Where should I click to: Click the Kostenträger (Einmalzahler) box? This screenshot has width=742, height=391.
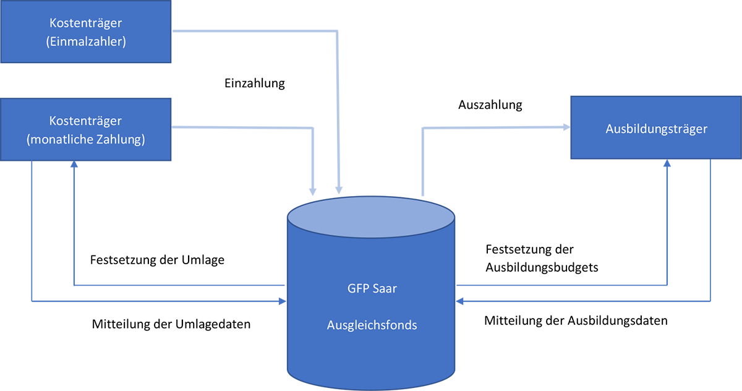point(85,32)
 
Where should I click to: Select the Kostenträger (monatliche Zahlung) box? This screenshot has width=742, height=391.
point(85,130)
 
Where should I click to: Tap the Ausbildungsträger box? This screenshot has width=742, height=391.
point(656,129)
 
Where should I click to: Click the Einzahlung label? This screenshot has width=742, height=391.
point(254,83)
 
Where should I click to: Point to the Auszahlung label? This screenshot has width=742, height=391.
point(490,105)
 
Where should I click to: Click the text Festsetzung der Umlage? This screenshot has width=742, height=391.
point(157,260)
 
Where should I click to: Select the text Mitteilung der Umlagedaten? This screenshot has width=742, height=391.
point(171,324)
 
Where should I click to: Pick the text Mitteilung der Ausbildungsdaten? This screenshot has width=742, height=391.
point(576,321)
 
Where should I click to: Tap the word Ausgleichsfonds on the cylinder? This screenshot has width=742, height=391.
point(372,325)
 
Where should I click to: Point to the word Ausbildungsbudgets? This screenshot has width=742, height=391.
point(542,268)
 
